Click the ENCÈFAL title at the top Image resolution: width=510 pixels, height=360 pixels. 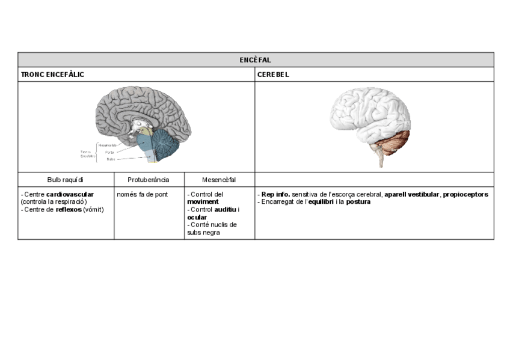pos(256,59)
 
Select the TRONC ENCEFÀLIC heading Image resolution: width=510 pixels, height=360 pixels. pos(52,75)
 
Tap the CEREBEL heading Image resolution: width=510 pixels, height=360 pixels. pos(273,75)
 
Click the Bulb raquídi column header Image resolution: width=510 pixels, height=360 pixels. pos(66,179)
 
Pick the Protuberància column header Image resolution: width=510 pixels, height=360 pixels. pos(149,179)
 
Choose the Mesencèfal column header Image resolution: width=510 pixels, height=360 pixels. pos(219,179)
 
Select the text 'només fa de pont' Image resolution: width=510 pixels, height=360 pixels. pos(142,195)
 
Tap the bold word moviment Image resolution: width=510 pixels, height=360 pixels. pos(203,202)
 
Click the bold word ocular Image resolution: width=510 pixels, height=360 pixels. pos(197,217)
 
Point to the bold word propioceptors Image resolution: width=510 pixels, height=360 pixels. pos(465,195)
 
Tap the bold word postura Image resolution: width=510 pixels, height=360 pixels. pos(358,202)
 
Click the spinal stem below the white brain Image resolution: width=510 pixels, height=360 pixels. pos(381,159)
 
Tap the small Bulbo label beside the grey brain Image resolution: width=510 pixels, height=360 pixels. pos(111,159)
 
